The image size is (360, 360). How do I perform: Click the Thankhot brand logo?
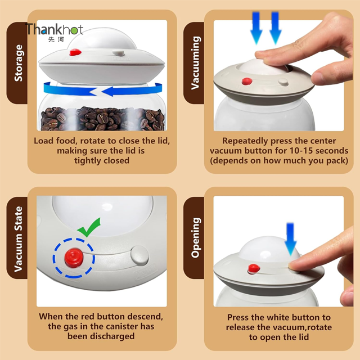click(x=55, y=32)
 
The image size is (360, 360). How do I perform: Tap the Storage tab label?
click(x=19, y=63)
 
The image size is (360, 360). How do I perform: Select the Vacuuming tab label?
click(x=195, y=62)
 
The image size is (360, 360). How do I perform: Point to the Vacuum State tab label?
click(x=19, y=239)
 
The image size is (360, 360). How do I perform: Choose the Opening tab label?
click(x=195, y=237)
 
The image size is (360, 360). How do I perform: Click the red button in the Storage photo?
click(x=75, y=52)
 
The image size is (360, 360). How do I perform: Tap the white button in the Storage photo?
click(x=118, y=53)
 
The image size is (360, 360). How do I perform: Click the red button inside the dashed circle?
click(x=74, y=258)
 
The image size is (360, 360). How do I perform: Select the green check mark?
click(x=89, y=227)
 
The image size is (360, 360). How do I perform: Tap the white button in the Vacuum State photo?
click(x=139, y=255)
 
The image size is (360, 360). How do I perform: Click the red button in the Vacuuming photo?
click(x=247, y=81)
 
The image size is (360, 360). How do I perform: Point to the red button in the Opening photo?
click(x=254, y=269)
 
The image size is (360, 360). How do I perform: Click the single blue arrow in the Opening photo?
click(x=291, y=238)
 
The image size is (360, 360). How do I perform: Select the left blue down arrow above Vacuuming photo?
click(x=256, y=28)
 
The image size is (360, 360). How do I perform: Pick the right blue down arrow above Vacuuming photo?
click(x=275, y=28)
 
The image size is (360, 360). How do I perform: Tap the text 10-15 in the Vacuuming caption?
click(x=301, y=151)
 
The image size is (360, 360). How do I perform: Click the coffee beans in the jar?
click(x=103, y=119)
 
